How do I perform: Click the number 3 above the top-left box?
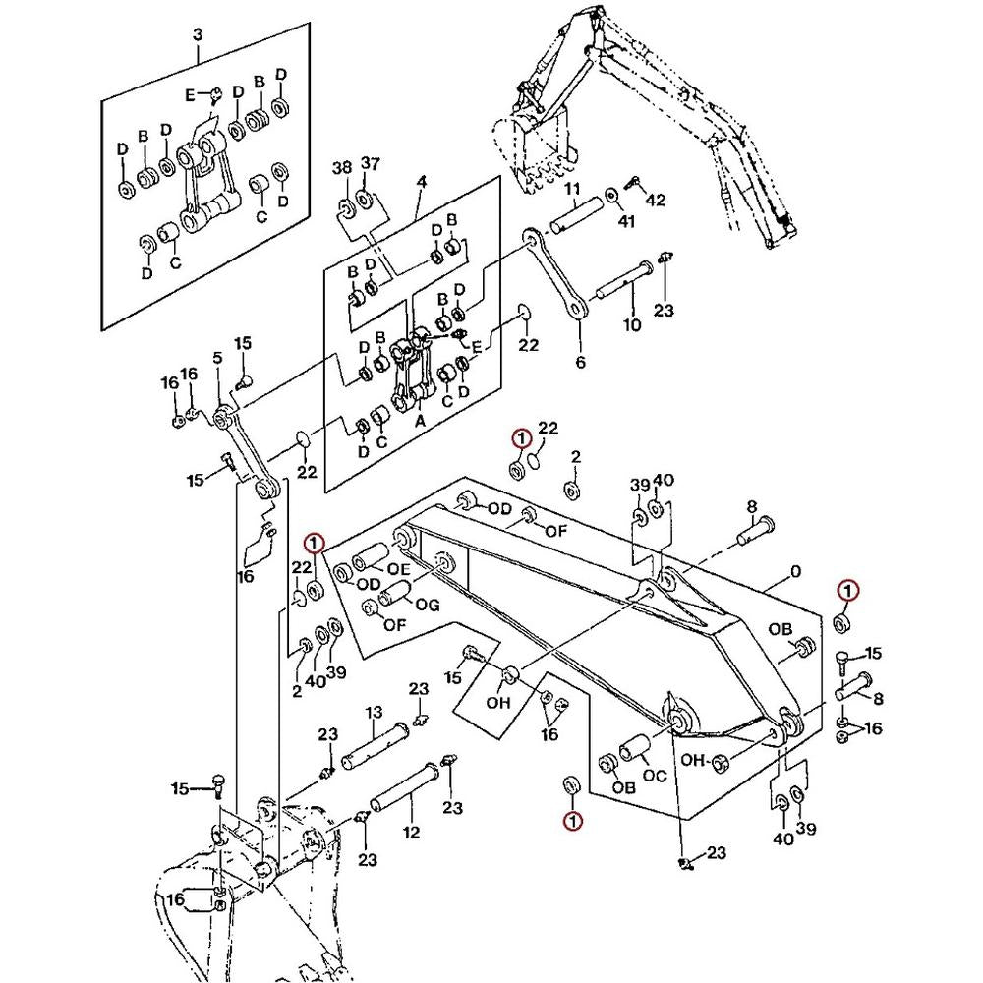198,35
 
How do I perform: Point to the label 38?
341,168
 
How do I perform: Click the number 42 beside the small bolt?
655,201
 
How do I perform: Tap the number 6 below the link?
580,363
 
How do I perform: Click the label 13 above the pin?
374,712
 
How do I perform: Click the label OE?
398,569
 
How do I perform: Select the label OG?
427,606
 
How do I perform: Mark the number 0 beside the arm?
795,572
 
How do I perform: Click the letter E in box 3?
191,94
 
